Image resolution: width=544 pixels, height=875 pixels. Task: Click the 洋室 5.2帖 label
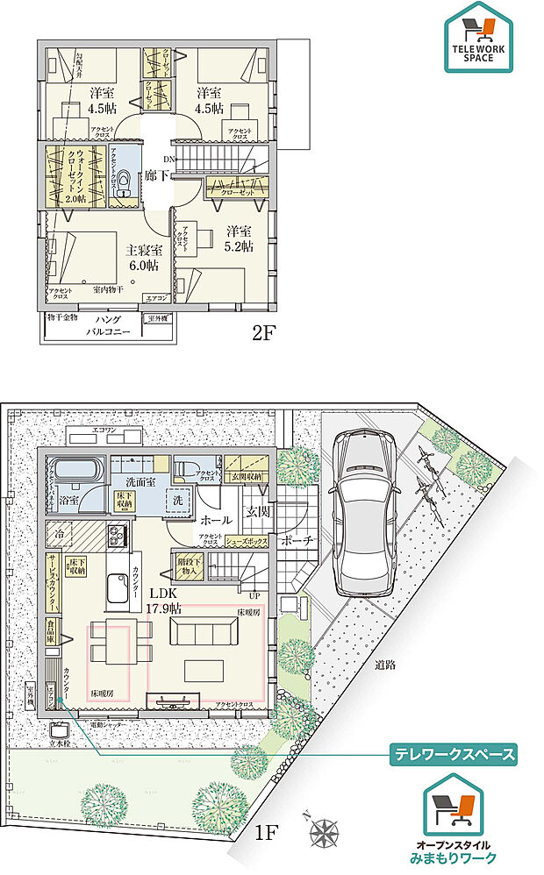tap(238, 239)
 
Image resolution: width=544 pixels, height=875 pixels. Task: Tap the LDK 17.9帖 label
tap(164, 601)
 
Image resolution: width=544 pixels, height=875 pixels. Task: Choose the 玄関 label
tap(259, 510)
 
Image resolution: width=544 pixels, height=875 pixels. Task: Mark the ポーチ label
tap(299, 542)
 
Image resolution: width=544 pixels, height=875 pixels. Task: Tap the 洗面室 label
tap(140, 481)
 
